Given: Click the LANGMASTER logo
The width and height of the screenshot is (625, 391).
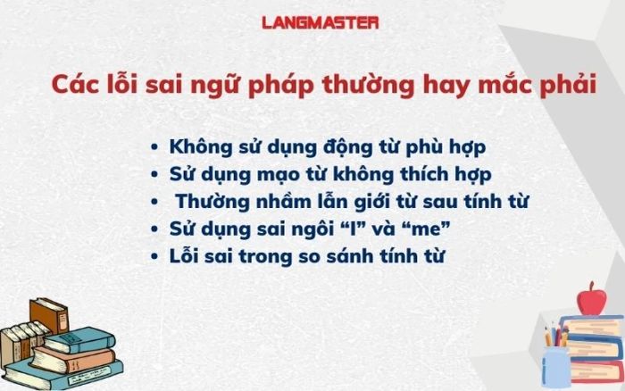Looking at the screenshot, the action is [x=320, y=22].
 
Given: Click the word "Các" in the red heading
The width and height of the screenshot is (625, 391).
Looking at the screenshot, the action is [x=75, y=85].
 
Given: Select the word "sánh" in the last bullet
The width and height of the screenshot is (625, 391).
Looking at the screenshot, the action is [x=349, y=255].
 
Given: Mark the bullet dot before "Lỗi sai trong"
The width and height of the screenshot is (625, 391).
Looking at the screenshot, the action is [x=154, y=256].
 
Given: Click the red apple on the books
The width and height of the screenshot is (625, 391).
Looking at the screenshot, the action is [x=591, y=299].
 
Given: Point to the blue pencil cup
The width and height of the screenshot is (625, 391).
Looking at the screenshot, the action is [x=556, y=366].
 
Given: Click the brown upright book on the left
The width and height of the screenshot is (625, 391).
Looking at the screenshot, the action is [x=49, y=316].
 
